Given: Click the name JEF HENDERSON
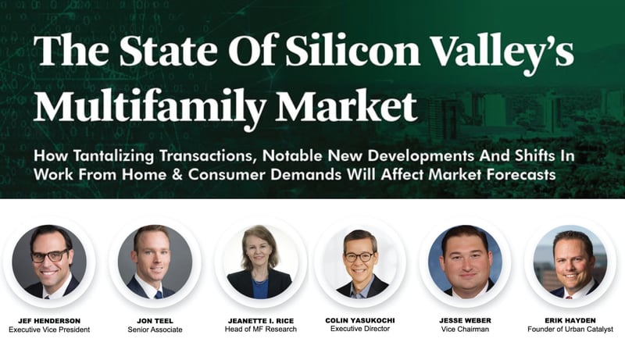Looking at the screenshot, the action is [49, 321].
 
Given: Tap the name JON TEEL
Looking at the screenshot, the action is [155, 321].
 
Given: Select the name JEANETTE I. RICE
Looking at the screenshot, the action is [261, 321].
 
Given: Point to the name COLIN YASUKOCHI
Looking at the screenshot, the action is [360, 320].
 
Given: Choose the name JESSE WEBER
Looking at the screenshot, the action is [465, 320].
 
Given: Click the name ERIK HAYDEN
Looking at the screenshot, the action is [570, 320].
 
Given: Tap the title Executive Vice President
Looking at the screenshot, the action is [49, 330].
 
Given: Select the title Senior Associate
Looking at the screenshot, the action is [155, 330].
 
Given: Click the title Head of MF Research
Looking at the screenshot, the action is [261, 330].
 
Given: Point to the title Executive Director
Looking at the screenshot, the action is [360, 329].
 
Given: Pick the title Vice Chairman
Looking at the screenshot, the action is [465, 330].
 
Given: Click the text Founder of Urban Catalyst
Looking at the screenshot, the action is [570, 330].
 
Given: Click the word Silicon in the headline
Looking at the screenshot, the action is [353, 51].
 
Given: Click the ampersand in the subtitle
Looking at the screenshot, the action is [177, 174].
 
